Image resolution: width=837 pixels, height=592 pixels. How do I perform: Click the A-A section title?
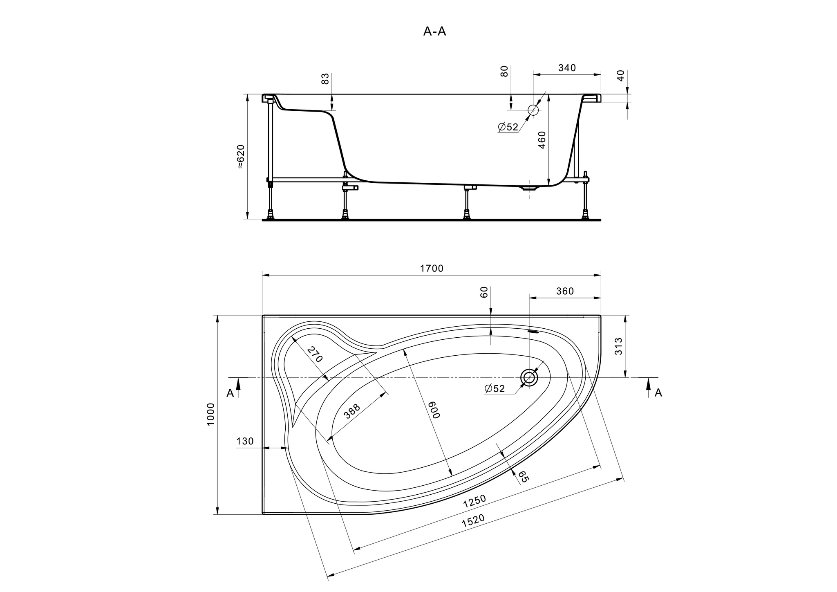(434, 31)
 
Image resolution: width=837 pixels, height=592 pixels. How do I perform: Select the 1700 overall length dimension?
(432, 269)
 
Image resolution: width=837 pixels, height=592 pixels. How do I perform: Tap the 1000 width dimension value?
(211, 415)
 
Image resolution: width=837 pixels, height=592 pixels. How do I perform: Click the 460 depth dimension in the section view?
(542, 140)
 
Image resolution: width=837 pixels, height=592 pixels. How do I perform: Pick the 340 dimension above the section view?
(567, 68)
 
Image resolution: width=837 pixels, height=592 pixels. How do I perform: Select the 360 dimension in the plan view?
(565, 291)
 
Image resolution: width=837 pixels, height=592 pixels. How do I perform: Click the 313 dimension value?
(618, 346)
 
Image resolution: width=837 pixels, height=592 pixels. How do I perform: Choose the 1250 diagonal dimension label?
(474, 501)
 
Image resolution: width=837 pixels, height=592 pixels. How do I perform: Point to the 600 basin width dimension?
(434, 410)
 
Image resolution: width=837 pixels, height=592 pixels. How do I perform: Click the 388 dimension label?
(352, 411)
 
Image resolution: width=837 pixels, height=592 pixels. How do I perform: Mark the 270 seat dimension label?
(315, 354)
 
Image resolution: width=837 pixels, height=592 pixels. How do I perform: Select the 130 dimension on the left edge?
(245, 442)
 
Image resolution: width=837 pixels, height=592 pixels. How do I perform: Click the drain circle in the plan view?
(529, 377)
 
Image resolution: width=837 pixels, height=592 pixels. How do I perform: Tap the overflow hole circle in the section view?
(533, 110)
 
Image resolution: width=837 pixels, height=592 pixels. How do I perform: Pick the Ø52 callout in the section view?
(508, 127)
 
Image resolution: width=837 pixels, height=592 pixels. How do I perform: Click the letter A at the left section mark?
(231, 393)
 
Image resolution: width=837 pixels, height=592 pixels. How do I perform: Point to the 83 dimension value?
(325, 78)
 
